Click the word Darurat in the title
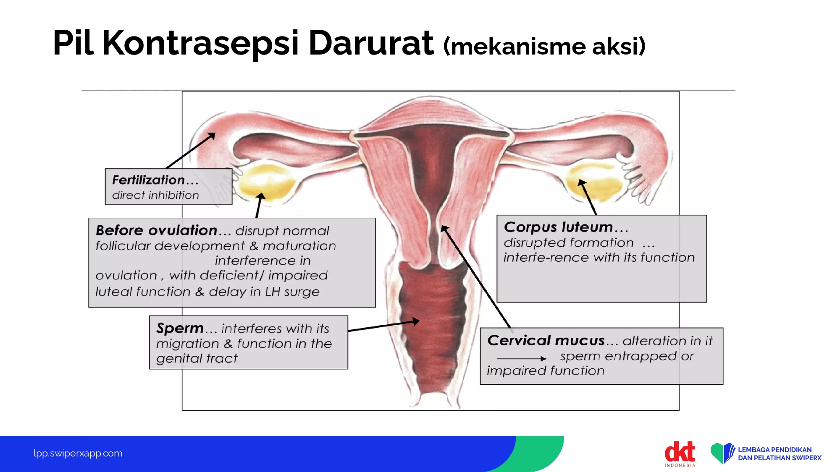coord(371,43)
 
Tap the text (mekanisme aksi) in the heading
coord(544,46)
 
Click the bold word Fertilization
coord(148,180)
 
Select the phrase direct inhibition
coord(155,195)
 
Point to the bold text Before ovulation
coord(156,230)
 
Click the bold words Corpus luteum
coord(558,227)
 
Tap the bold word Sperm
coord(180,328)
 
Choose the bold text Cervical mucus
coord(546,340)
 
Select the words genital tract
coord(197,358)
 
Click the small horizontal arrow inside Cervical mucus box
coord(522,359)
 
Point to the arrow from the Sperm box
coord(384,326)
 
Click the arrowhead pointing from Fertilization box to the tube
coord(212,136)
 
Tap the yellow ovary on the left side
coord(267,180)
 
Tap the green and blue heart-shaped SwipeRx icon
coord(722,453)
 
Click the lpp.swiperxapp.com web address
coord(78,454)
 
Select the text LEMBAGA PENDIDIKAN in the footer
coord(775,450)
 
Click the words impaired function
coord(546,370)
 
